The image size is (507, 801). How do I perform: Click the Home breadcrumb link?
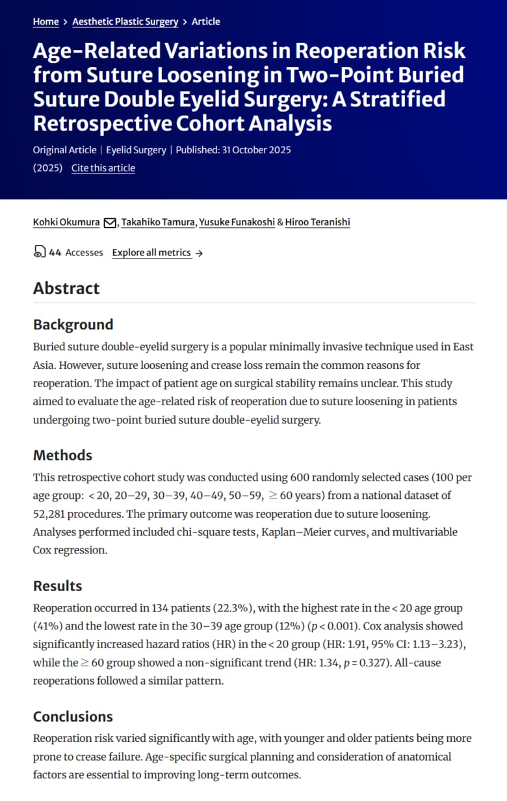pos(45,21)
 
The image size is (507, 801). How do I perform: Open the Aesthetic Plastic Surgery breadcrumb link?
pos(125,21)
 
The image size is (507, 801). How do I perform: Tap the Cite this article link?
pos(103,168)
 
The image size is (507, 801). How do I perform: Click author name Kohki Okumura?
pos(66,222)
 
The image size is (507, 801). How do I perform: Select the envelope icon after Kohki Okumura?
pos(110,223)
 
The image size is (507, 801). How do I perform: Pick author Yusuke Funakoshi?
pos(237,222)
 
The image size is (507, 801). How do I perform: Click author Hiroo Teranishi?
pos(317,222)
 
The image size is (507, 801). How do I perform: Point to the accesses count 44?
pos(55,253)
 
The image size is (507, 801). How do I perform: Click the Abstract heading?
pos(66,288)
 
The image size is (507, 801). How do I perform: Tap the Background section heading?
pos(73,325)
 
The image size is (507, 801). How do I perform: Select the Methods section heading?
pos(62,455)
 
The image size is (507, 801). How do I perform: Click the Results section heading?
pos(57,586)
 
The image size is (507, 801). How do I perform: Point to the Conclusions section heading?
pos(73,717)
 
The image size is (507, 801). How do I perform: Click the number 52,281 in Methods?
pos(51,514)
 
